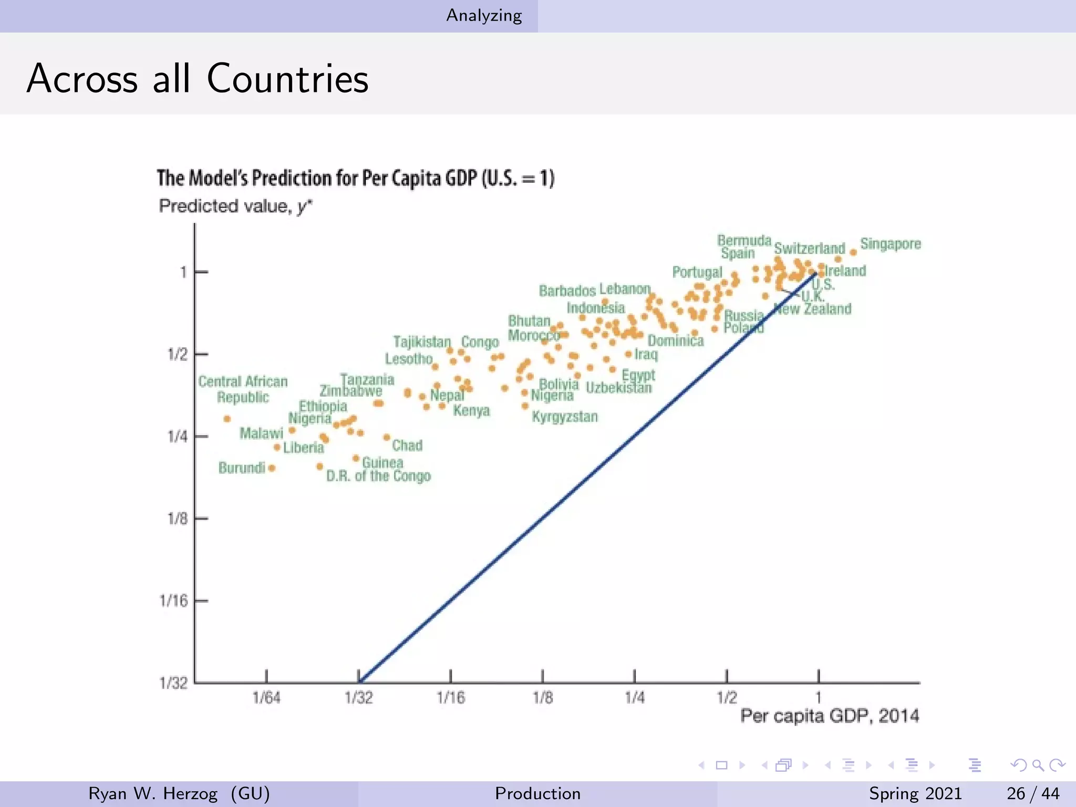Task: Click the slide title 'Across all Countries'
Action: click(198, 79)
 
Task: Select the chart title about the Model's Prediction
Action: click(355, 179)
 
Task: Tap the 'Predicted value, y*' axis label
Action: click(235, 206)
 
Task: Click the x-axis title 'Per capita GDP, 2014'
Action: click(830, 716)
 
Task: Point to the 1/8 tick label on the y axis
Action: click(177, 519)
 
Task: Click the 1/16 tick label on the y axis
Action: click(173, 601)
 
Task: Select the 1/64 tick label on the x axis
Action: click(266, 698)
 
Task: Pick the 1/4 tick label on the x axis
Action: click(635, 698)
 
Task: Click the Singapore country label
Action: click(890, 244)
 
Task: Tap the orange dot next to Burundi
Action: click(272, 468)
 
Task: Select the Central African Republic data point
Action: click(227, 419)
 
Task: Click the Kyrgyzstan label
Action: click(565, 417)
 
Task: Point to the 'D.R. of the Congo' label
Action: click(378, 476)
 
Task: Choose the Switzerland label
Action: click(809, 248)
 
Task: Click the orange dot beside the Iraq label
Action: click(628, 354)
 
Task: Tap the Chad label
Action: click(407, 446)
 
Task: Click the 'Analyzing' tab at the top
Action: click(484, 16)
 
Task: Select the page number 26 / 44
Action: click(1032, 793)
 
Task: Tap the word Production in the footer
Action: click(537, 793)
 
